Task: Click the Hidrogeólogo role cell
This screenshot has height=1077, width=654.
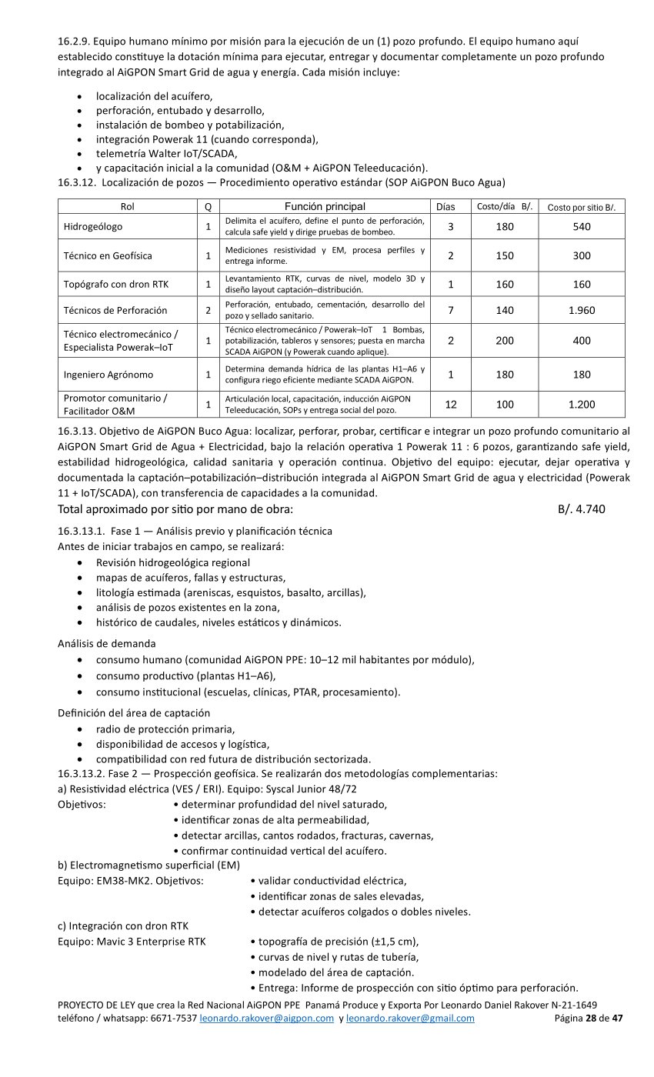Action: tap(92, 227)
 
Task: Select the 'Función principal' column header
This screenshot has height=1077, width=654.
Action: tap(325, 207)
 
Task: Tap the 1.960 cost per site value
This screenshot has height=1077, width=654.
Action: tap(582, 311)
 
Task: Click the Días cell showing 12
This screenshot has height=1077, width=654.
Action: tap(451, 404)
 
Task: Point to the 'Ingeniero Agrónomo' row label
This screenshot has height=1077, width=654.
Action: tap(108, 375)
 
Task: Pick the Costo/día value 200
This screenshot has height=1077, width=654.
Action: tap(505, 341)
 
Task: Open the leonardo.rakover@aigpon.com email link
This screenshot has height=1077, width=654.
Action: tap(266, 1019)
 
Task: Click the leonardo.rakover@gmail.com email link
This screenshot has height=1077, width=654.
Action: tap(410, 1019)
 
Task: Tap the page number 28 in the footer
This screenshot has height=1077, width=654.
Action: tap(591, 1019)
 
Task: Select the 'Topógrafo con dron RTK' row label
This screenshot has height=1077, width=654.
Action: tap(116, 285)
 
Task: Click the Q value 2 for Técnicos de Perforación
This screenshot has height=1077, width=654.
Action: tap(208, 311)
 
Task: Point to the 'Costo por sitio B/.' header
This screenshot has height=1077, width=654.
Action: tap(582, 208)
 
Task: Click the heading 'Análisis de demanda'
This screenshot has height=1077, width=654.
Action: tap(107, 643)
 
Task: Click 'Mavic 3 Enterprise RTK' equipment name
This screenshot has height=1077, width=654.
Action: tap(132, 942)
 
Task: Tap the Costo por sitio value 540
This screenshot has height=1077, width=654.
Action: tap(582, 227)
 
